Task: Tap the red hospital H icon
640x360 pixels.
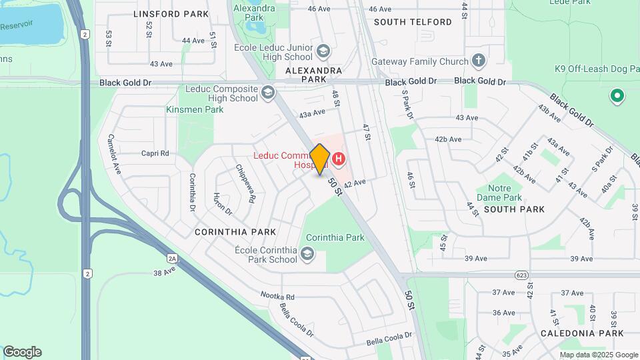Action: coord(339,159)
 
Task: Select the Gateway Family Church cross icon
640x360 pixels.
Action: coord(478,61)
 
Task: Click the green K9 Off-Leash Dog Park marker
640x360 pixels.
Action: coord(617,96)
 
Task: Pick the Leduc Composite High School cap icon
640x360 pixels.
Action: coord(268,92)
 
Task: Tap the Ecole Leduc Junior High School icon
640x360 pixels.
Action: coord(323,51)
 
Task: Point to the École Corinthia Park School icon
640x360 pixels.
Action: coord(307,253)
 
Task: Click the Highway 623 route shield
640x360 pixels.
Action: coord(522,275)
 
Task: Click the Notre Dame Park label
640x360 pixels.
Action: coord(499,193)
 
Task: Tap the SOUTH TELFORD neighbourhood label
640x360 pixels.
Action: coord(413,22)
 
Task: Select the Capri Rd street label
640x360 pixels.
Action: coord(155,153)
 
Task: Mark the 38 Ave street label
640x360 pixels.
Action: coord(163,272)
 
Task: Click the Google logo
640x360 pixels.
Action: coord(22,352)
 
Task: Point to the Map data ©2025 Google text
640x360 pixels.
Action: coord(599,355)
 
